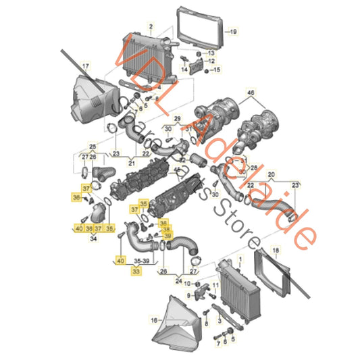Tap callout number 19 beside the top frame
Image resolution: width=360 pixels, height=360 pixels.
pyautogui.click(x=233, y=32)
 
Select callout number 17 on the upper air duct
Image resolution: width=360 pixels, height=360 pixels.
pyautogui.click(x=86, y=66)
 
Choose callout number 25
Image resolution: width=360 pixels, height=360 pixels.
pyautogui.click(x=93, y=146)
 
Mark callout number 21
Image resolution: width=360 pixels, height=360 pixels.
pyautogui.click(x=131, y=163)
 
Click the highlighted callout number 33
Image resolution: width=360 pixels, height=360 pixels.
pyautogui.click(x=136, y=269)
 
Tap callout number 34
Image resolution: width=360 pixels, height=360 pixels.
pyautogui.click(x=93, y=238)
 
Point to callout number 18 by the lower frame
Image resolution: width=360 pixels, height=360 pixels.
pyautogui.click(x=274, y=251)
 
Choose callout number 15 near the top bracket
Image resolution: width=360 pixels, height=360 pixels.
pyautogui.click(x=217, y=70)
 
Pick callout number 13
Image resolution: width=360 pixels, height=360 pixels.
pyautogui.click(x=211, y=52)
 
